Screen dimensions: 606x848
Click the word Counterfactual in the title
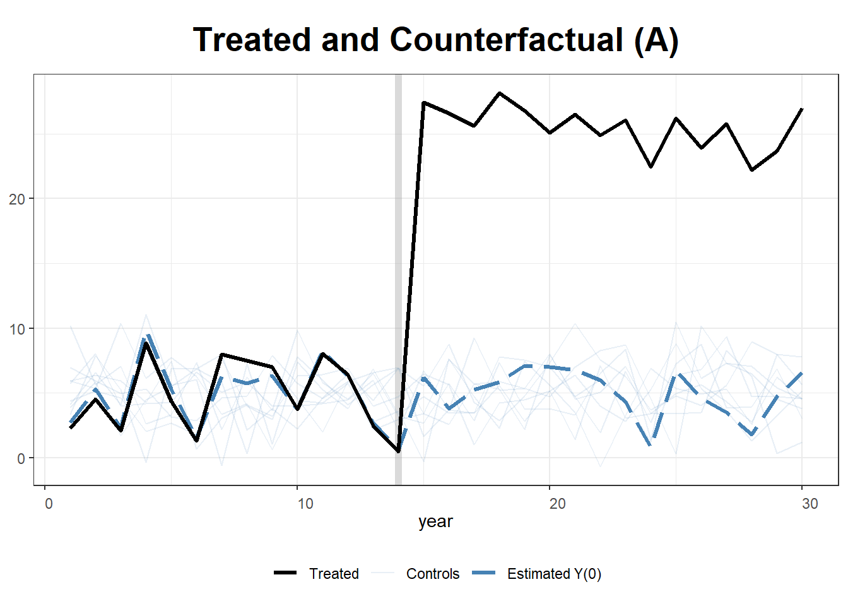(x=507, y=40)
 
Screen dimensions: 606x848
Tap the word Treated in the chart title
(x=253, y=40)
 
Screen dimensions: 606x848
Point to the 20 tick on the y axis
(x=17, y=199)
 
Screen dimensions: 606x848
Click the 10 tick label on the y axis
(x=17, y=329)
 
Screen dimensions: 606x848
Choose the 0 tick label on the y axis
(x=21, y=458)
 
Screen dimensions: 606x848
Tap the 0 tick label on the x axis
(x=49, y=504)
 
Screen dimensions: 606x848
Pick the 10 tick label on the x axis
(x=305, y=504)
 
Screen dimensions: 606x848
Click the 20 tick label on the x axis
(x=557, y=504)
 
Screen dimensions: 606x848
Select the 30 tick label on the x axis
(x=810, y=504)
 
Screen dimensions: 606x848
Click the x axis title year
(x=435, y=521)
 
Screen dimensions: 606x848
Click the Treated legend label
(x=334, y=574)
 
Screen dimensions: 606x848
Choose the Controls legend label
(x=433, y=574)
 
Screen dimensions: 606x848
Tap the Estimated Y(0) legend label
(x=554, y=574)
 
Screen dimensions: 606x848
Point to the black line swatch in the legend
(x=285, y=573)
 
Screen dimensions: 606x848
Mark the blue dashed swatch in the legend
(x=483, y=573)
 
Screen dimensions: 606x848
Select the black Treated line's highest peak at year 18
(x=500, y=93)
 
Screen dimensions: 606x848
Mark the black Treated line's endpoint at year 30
(x=802, y=109)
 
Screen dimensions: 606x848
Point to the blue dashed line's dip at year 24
(x=651, y=444)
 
